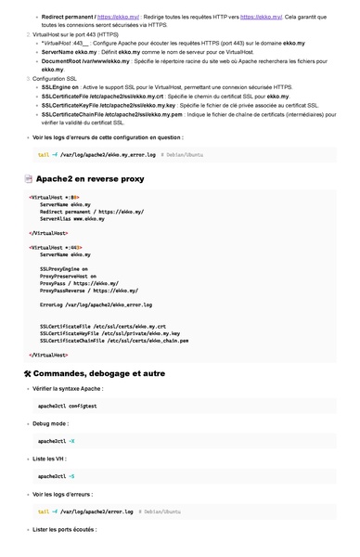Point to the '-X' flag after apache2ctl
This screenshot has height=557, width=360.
(71, 441)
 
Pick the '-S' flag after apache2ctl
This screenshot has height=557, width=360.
(71, 476)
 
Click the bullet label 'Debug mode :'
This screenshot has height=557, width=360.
(51, 423)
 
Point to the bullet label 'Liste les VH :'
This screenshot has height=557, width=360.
(53, 459)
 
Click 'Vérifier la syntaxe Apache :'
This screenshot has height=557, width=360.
(74, 388)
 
